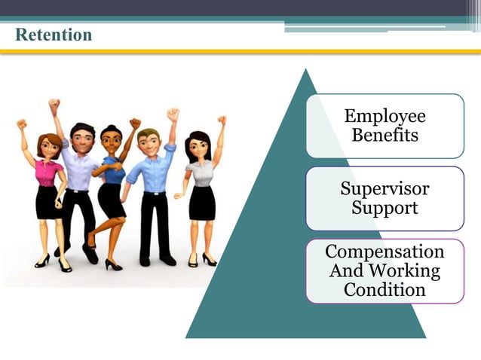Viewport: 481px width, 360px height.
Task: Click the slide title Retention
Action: (x=54, y=35)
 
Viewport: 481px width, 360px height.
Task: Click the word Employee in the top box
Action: (x=384, y=116)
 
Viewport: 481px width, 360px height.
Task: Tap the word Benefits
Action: (x=384, y=136)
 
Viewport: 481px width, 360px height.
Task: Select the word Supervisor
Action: (x=384, y=188)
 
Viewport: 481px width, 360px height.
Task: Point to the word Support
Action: (x=384, y=207)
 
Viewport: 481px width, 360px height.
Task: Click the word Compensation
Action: (x=384, y=251)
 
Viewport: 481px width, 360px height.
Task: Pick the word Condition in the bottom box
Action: (x=384, y=289)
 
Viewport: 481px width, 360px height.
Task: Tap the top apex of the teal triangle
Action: (x=305, y=70)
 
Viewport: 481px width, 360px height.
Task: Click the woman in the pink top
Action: (x=48, y=188)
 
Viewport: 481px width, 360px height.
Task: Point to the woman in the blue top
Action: (x=112, y=185)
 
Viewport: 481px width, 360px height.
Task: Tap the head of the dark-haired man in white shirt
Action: (x=81, y=136)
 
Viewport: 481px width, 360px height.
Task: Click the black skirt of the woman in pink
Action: (x=48, y=203)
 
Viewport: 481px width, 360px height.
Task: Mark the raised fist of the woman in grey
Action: (x=222, y=120)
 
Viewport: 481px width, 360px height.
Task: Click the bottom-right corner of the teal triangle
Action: (x=424, y=337)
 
